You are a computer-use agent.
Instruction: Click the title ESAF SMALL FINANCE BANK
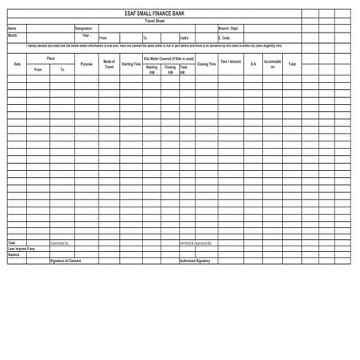(154, 14)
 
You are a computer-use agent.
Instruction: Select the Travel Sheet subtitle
(154, 21)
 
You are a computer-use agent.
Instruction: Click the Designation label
(83, 29)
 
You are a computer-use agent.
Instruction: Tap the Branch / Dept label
(228, 29)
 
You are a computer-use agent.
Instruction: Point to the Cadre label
(184, 37)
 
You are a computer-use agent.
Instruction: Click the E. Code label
(224, 37)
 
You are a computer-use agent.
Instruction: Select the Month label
(13, 36)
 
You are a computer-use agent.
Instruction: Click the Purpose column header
(86, 64)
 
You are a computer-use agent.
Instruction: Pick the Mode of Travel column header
(109, 64)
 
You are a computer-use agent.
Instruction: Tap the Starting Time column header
(131, 64)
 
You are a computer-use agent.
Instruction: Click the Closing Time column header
(207, 64)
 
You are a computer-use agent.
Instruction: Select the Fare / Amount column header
(230, 61)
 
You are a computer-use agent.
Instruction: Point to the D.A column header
(254, 64)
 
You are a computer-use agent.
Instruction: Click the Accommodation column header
(273, 64)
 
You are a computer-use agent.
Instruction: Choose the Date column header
(17, 64)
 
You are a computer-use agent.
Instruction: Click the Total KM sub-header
(184, 69)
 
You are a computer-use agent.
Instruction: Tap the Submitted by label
(60, 243)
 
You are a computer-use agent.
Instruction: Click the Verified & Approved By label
(195, 243)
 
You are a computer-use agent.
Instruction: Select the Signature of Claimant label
(65, 261)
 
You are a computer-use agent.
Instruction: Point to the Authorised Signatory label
(195, 261)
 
